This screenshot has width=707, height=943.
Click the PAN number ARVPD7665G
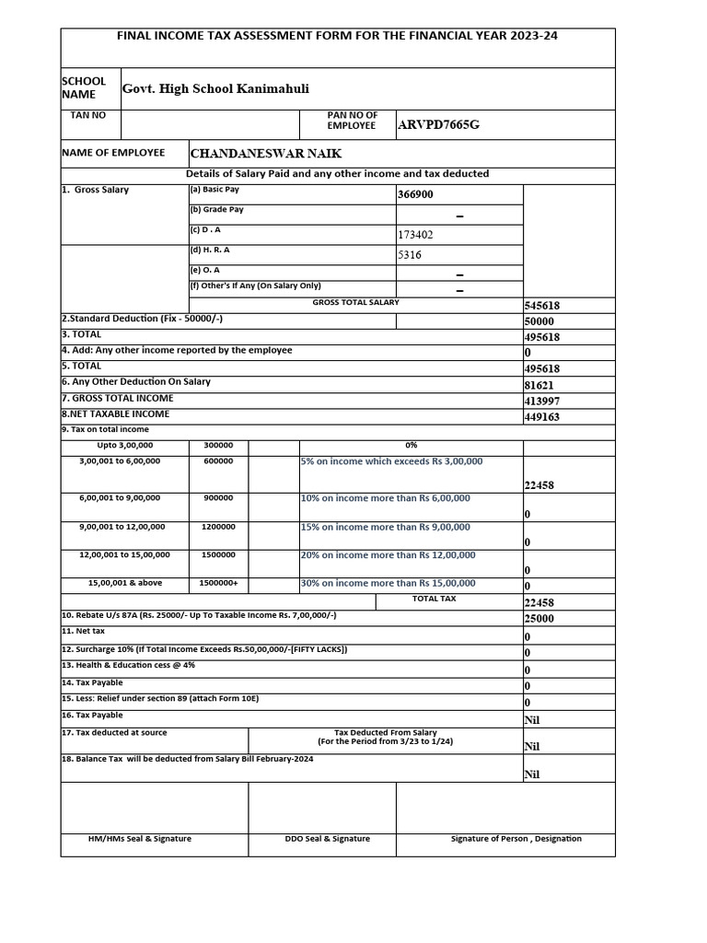pyautogui.click(x=438, y=125)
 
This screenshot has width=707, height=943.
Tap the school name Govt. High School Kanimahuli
pyautogui.click(x=215, y=88)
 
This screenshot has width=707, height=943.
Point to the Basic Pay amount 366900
pyautogui.click(x=415, y=195)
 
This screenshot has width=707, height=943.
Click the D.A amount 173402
pyautogui.click(x=415, y=235)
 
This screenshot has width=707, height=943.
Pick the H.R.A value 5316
pyautogui.click(x=410, y=255)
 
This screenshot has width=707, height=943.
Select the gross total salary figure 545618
pyautogui.click(x=542, y=306)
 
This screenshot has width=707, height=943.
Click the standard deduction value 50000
pyautogui.click(x=539, y=321)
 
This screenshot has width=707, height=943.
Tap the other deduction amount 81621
pyautogui.click(x=539, y=385)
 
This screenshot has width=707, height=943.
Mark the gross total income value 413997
pyautogui.click(x=542, y=402)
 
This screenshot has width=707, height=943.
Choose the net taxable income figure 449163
pyautogui.click(x=542, y=417)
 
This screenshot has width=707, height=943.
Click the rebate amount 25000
pyautogui.click(x=539, y=619)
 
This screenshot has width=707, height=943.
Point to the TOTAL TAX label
pyautogui.click(x=434, y=599)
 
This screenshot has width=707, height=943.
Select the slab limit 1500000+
pyautogui.click(x=218, y=583)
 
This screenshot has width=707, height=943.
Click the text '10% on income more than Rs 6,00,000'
pyautogui.click(x=386, y=498)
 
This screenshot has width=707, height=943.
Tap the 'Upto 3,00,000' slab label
pyautogui.click(x=125, y=445)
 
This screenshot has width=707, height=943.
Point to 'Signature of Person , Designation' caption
pyautogui.click(x=516, y=839)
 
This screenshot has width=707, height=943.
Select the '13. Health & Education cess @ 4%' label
pyautogui.click(x=129, y=664)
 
